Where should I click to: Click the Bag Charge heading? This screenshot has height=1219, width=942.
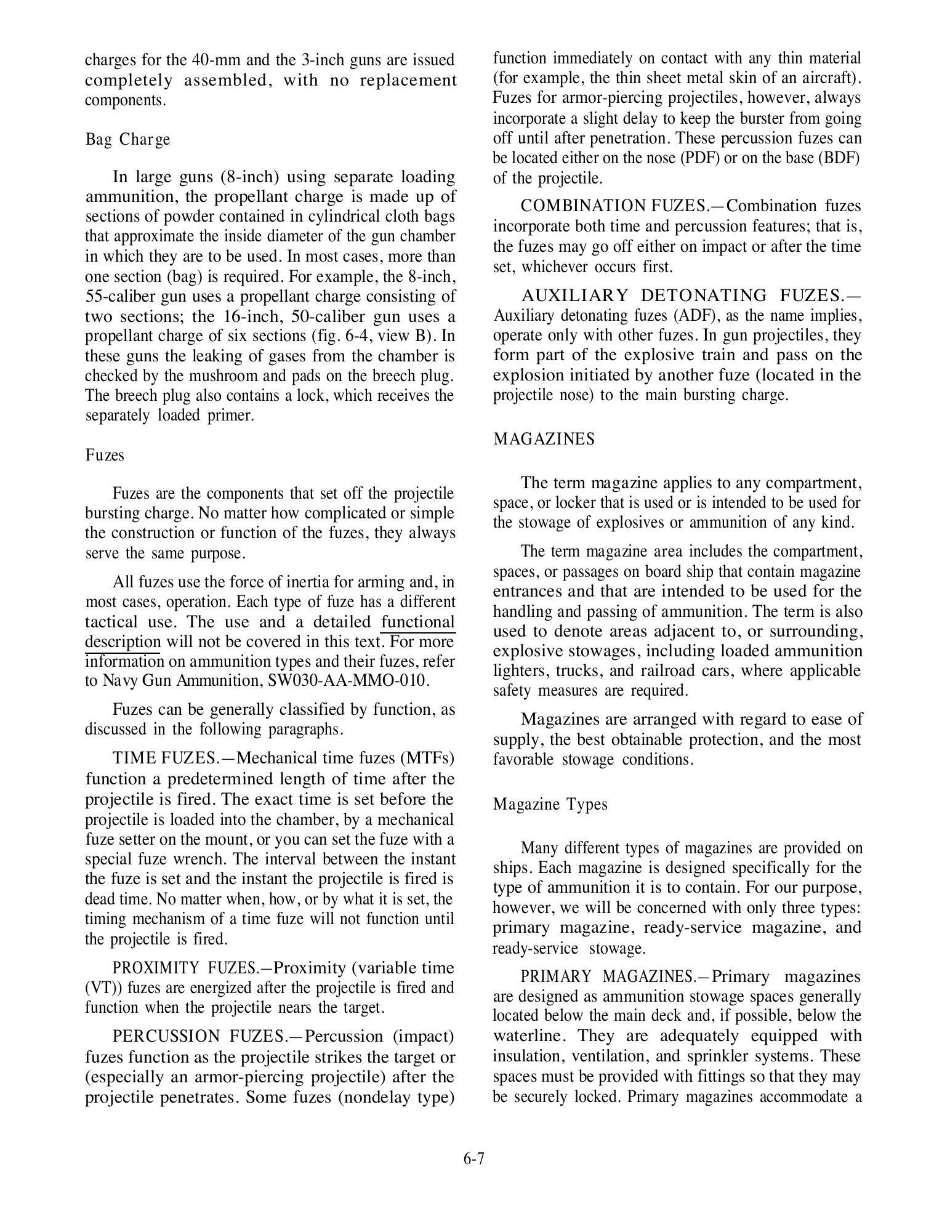click(127, 140)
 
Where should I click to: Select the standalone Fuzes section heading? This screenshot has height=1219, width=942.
click(105, 455)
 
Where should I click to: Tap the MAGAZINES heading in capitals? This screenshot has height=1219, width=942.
click(544, 439)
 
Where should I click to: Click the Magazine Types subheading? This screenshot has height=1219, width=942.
click(550, 804)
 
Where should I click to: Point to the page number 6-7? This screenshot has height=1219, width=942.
click(473, 1159)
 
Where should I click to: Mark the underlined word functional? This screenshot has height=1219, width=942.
click(418, 622)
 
